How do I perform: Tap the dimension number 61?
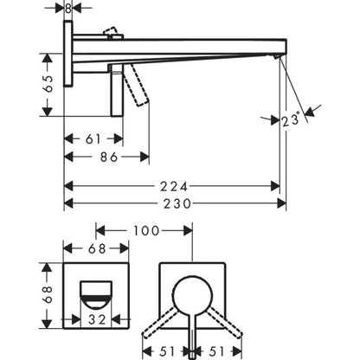92,138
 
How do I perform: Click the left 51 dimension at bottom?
170,350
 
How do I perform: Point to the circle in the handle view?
191,295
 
